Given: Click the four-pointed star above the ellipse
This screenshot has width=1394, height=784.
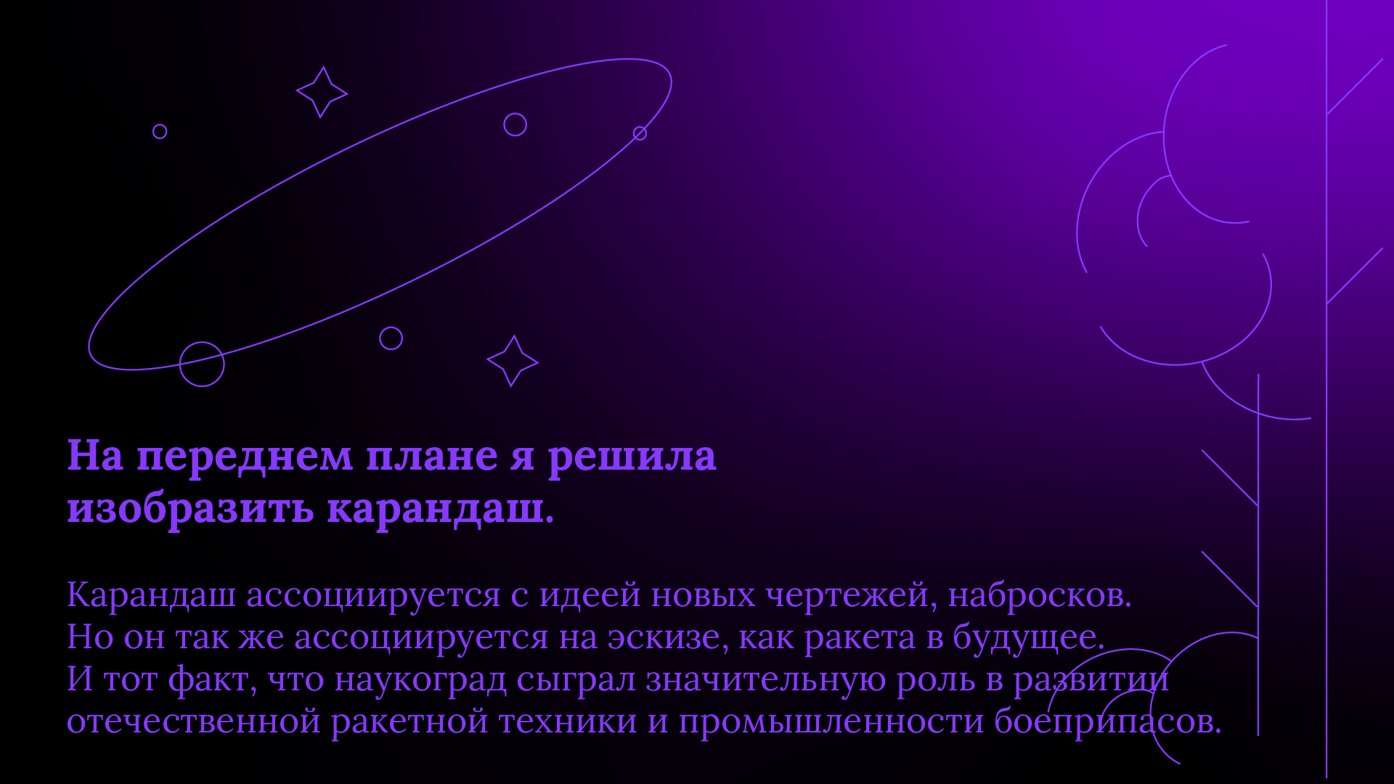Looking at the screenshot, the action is pyautogui.click(x=322, y=92).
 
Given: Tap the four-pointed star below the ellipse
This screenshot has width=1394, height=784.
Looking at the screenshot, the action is pyautogui.click(x=513, y=361).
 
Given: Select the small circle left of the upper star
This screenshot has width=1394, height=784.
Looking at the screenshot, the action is pyautogui.click(x=160, y=131).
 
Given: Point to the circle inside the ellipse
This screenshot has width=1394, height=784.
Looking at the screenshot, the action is pyautogui.click(x=515, y=125).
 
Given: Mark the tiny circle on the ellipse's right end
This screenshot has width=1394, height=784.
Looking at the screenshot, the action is pyautogui.click(x=640, y=133).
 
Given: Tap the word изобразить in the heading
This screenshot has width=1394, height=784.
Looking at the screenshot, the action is pyautogui.click(x=190, y=510).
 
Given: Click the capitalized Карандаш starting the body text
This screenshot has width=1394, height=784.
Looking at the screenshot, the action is pyautogui.click(x=151, y=595).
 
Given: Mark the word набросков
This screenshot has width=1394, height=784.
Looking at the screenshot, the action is pyautogui.click(x=1039, y=595).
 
